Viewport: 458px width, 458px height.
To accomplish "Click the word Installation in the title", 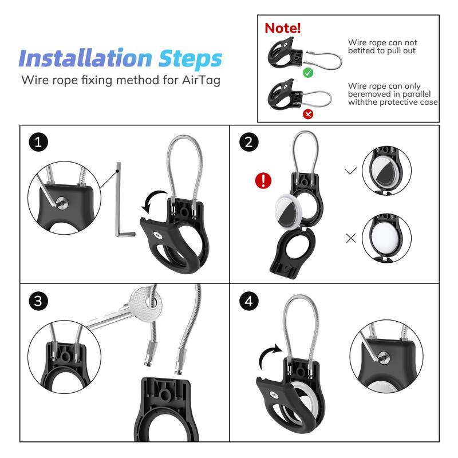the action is tap(85, 58).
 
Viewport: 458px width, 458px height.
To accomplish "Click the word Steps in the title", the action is tap(190, 60).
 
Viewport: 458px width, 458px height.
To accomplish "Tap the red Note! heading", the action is tap(282, 28).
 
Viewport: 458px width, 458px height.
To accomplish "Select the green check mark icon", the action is tap(308, 73).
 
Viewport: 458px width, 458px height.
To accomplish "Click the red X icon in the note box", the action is tap(308, 113).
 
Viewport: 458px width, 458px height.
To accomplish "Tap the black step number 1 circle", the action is tap(38, 142).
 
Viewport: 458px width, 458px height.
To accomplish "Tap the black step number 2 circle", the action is tap(248, 142).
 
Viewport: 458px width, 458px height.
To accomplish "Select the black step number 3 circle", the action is tap(38, 301).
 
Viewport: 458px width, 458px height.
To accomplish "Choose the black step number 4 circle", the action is tap(248, 301).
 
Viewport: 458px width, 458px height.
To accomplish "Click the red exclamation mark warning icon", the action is tap(263, 180).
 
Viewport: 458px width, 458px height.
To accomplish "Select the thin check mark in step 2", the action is tap(351, 170).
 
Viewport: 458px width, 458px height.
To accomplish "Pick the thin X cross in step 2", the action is tap(351, 238).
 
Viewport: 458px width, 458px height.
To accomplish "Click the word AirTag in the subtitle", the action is tap(201, 80).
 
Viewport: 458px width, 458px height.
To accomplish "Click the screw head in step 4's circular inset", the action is tap(384, 357).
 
